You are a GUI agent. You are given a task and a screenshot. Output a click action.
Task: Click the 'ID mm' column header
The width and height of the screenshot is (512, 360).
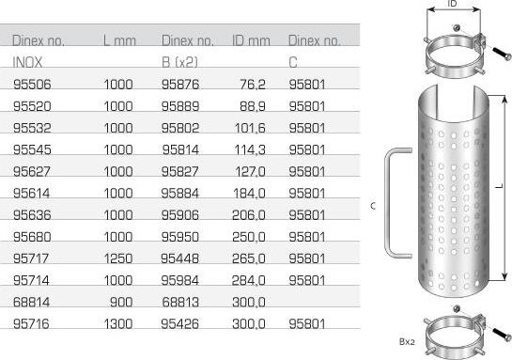pos(250,41)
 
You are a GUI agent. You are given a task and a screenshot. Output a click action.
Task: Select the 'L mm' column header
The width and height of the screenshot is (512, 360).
pos(119,41)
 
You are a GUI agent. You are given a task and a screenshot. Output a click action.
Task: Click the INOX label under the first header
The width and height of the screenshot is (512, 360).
pos(28,61)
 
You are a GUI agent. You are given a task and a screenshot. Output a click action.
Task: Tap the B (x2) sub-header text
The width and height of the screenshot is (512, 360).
pos(179,61)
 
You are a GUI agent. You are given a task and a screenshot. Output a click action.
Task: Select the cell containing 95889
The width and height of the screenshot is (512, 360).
pos(181,106)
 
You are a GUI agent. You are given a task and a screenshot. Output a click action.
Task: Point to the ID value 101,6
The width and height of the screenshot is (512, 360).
pos(251,127)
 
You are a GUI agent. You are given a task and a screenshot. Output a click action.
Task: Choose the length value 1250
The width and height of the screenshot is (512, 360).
pos(118,258)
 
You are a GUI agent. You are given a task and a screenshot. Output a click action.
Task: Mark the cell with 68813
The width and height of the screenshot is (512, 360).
pos(181,301)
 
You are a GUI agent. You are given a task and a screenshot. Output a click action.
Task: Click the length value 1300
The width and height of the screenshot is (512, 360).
pos(118,323)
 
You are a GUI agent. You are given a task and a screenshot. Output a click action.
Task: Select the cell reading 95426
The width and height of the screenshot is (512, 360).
pos(181,323)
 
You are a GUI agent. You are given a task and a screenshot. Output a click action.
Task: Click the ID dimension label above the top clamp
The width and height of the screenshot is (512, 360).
pos(452,5)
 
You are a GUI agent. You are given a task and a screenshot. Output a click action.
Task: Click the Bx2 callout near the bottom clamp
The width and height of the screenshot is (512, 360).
pos(407,342)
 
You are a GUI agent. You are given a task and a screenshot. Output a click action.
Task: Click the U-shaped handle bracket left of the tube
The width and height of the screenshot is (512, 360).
pos(395,201)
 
